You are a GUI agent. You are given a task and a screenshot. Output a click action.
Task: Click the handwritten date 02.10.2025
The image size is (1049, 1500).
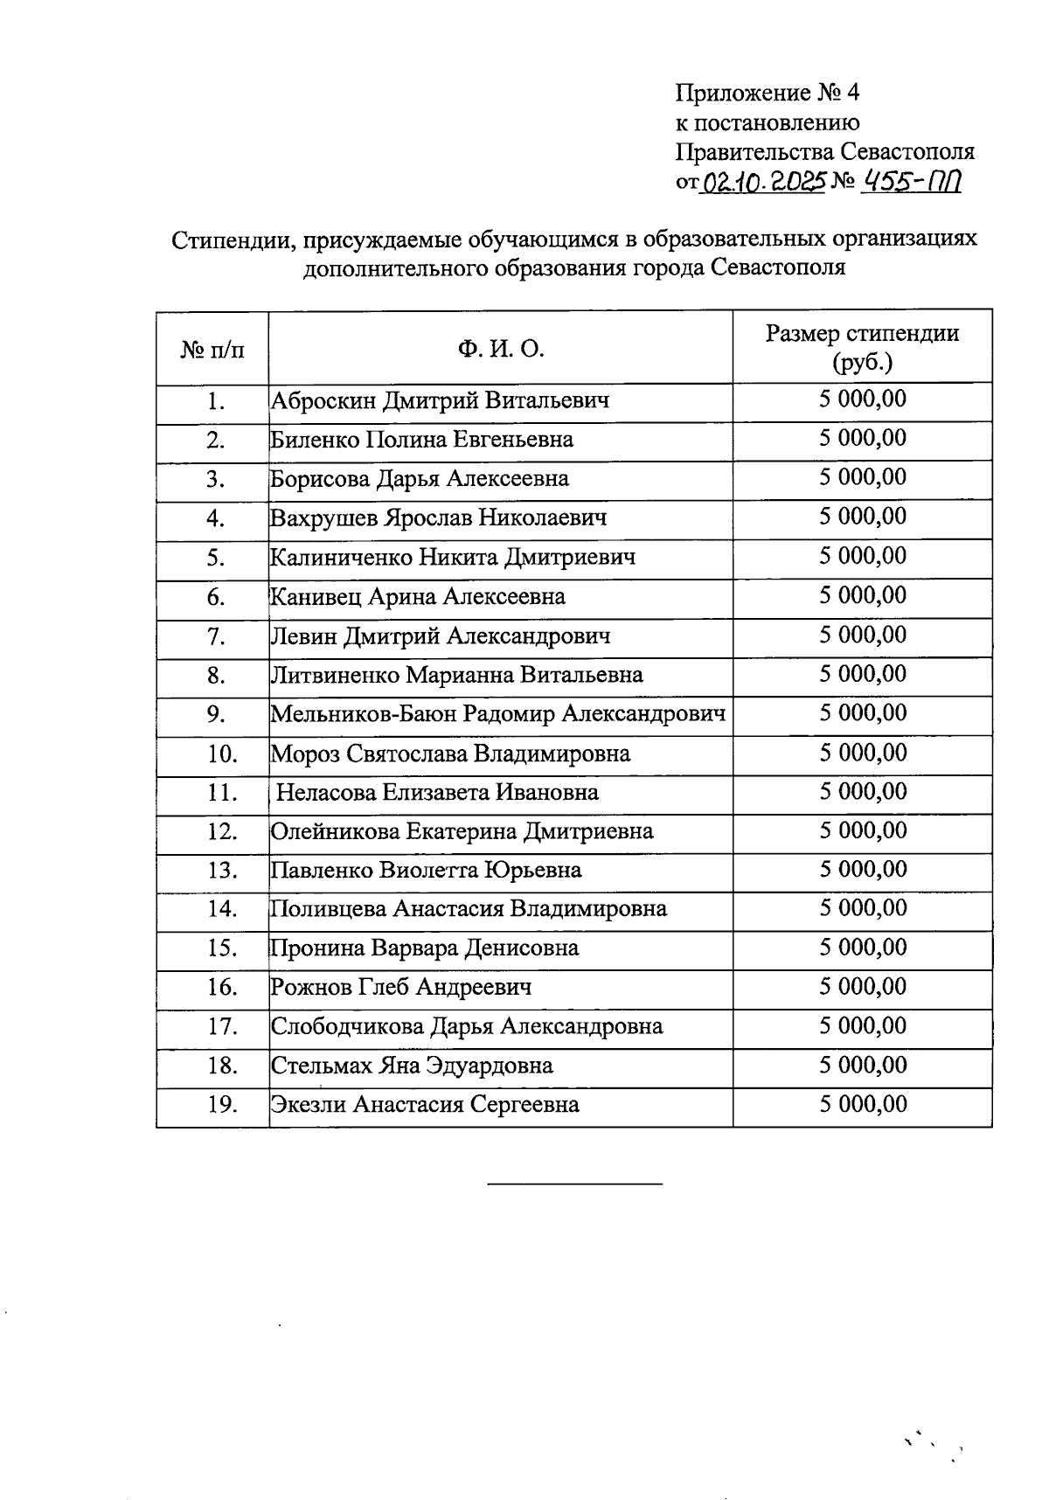(x=764, y=182)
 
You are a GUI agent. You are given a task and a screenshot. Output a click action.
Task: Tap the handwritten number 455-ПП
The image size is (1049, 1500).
(x=911, y=181)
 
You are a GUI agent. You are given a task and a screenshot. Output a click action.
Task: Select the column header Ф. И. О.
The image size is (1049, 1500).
(x=500, y=350)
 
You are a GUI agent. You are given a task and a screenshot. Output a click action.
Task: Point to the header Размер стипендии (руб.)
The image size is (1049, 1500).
(x=862, y=347)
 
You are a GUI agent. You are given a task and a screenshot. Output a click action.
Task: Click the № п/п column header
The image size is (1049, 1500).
(x=212, y=351)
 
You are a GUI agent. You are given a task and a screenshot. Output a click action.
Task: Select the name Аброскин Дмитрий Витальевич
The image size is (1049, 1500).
(x=440, y=401)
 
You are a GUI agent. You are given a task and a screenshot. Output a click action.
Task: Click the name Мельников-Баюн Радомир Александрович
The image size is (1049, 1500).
(x=498, y=714)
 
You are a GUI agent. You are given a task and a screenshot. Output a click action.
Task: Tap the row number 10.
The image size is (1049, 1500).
(x=223, y=753)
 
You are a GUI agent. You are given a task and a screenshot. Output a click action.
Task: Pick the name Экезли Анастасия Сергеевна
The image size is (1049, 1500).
(x=425, y=1105)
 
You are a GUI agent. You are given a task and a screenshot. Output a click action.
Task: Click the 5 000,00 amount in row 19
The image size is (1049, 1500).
(x=862, y=1104)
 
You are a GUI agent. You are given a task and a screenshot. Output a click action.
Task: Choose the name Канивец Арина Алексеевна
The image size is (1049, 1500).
(x=418, y=597)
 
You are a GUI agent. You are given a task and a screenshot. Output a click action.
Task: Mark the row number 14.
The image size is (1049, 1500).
(x=223, y=909)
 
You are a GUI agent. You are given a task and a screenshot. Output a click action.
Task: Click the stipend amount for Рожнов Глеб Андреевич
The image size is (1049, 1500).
(x=862, y=987)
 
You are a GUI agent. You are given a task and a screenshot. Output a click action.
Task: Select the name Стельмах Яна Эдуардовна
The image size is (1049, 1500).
(x=412, y=1066)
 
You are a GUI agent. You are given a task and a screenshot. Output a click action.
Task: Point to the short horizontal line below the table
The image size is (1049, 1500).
(x=574, y=1184)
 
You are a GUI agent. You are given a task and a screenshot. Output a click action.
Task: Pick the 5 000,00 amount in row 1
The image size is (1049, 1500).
(x=862, y=399)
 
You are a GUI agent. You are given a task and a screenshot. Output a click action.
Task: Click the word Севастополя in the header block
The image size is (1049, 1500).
(x=907, y=152)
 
